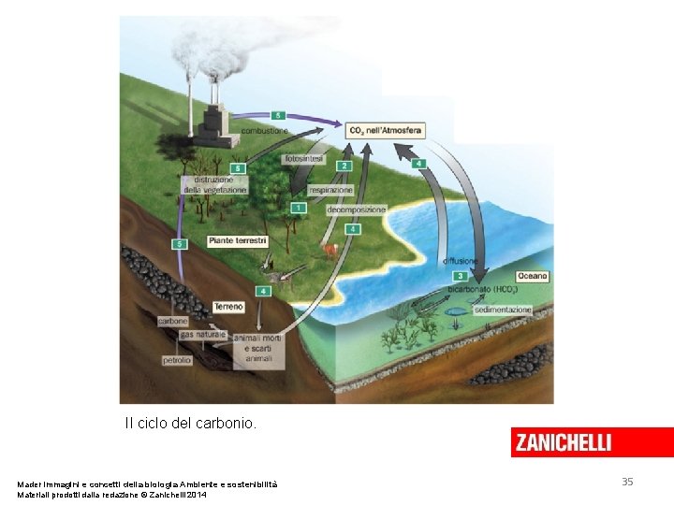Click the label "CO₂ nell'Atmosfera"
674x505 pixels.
[385, 130]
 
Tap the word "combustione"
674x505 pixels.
[265, 131]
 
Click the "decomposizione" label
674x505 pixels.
[356, 210]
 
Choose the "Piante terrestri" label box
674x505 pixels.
[237, 240]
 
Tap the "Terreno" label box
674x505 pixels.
[228, 307]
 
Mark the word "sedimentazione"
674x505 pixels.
[503, 310]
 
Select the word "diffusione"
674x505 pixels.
[461, 261]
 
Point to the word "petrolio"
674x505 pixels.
[177, 359]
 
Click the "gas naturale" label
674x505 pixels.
[203, 334]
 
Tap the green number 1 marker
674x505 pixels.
[298, 208]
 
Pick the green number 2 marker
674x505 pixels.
[344, 166]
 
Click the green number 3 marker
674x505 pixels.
[460, 277]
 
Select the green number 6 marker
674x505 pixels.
[238, 168]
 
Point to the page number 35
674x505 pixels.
[627, 482]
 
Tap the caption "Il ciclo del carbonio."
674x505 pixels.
[190, 424]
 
